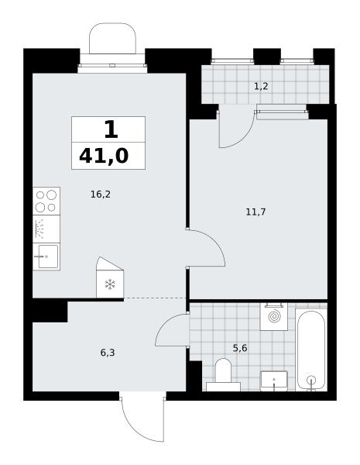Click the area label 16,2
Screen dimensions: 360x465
coord(101,195)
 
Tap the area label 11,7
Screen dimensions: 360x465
coord(255,212)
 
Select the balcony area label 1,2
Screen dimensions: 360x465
coord(261,86)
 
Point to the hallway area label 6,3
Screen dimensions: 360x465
coord(108,353)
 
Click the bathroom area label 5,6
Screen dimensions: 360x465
coord(240,348)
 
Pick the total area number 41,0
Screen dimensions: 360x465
coord(104,157)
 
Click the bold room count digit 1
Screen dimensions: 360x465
coord(111,129)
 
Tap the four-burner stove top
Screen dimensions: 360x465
coord(46,201)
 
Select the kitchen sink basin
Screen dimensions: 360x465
coord(48,257)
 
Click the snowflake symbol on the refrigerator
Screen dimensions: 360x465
coord(110,284)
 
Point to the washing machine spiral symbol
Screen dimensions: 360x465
coord(274,316)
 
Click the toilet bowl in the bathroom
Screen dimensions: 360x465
coord(223,370)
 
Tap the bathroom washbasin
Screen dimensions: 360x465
coord(274,381)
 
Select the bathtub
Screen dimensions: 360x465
coord(311,350)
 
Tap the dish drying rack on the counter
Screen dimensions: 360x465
coord(39,229)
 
